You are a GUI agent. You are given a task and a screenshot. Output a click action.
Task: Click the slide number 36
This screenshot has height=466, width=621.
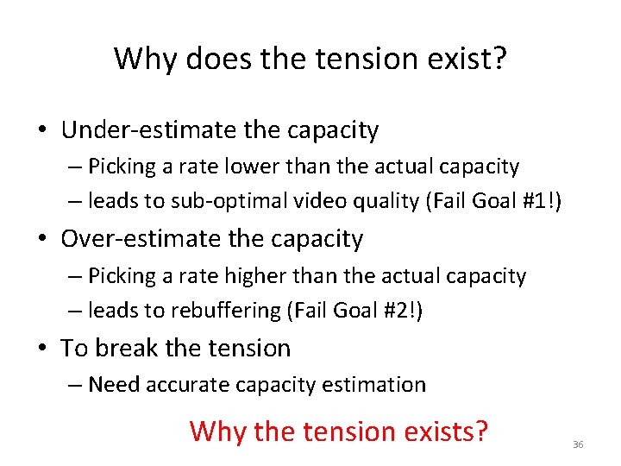pos(578,444)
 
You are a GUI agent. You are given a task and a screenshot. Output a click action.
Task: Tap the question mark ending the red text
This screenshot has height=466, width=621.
pos(481,429)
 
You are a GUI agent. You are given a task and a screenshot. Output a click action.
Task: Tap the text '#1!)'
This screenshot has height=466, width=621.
pos(541,202)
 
